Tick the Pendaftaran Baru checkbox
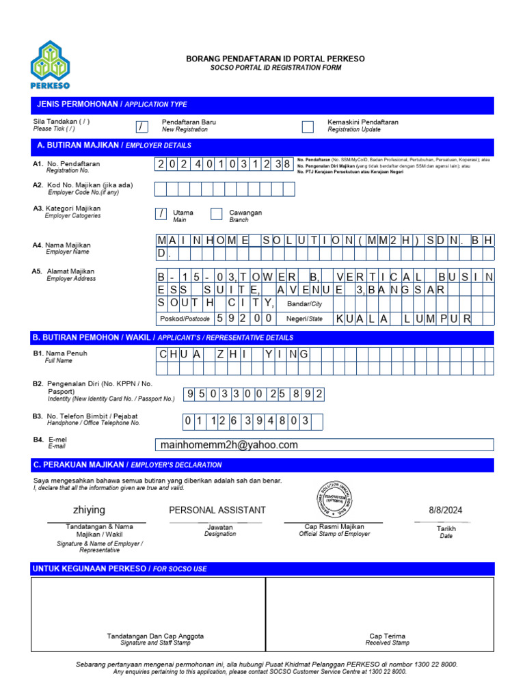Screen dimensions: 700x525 click(142, 126)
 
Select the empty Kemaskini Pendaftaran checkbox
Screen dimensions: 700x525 click(308, 126)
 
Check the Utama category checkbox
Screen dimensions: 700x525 click(161, 214)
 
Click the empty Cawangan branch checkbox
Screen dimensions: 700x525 click(217, 214)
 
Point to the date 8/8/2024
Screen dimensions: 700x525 click(446, 510)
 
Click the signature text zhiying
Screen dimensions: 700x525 click(89, 510)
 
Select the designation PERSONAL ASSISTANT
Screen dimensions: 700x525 click(217, 510)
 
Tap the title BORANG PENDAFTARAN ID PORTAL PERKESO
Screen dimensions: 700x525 click(275, 59)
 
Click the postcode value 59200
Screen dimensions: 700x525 click(245, 319)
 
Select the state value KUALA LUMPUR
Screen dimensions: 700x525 click(403, 319)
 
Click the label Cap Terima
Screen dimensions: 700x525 click(387, 636)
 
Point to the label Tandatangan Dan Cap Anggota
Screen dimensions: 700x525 click(155, 636)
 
